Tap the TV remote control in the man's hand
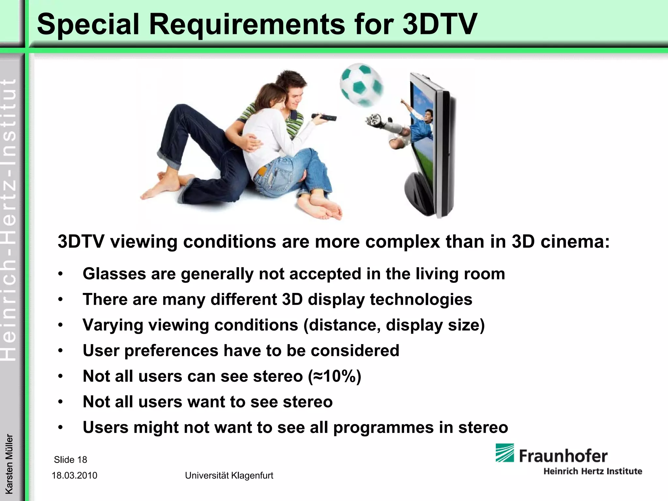324,117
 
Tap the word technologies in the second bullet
421,299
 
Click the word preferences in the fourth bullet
171,351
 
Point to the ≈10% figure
334,376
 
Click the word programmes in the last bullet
383,428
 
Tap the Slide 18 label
70,460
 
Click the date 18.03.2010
74,475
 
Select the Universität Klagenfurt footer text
229,476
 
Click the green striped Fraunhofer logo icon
505,453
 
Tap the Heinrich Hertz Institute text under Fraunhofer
592,471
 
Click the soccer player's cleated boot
374,119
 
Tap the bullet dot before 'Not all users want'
60,402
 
